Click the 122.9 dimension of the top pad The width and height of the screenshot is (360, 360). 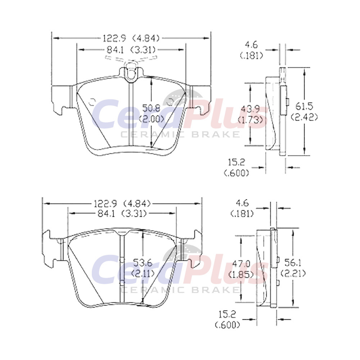pos(114,38)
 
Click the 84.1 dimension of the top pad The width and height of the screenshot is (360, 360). pos(115,50)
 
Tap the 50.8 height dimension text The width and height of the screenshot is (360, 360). pos(151,108)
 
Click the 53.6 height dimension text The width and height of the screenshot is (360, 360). pos(143,263)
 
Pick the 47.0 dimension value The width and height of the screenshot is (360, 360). pos(241,264)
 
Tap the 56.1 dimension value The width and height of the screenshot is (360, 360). pos(292,262)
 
